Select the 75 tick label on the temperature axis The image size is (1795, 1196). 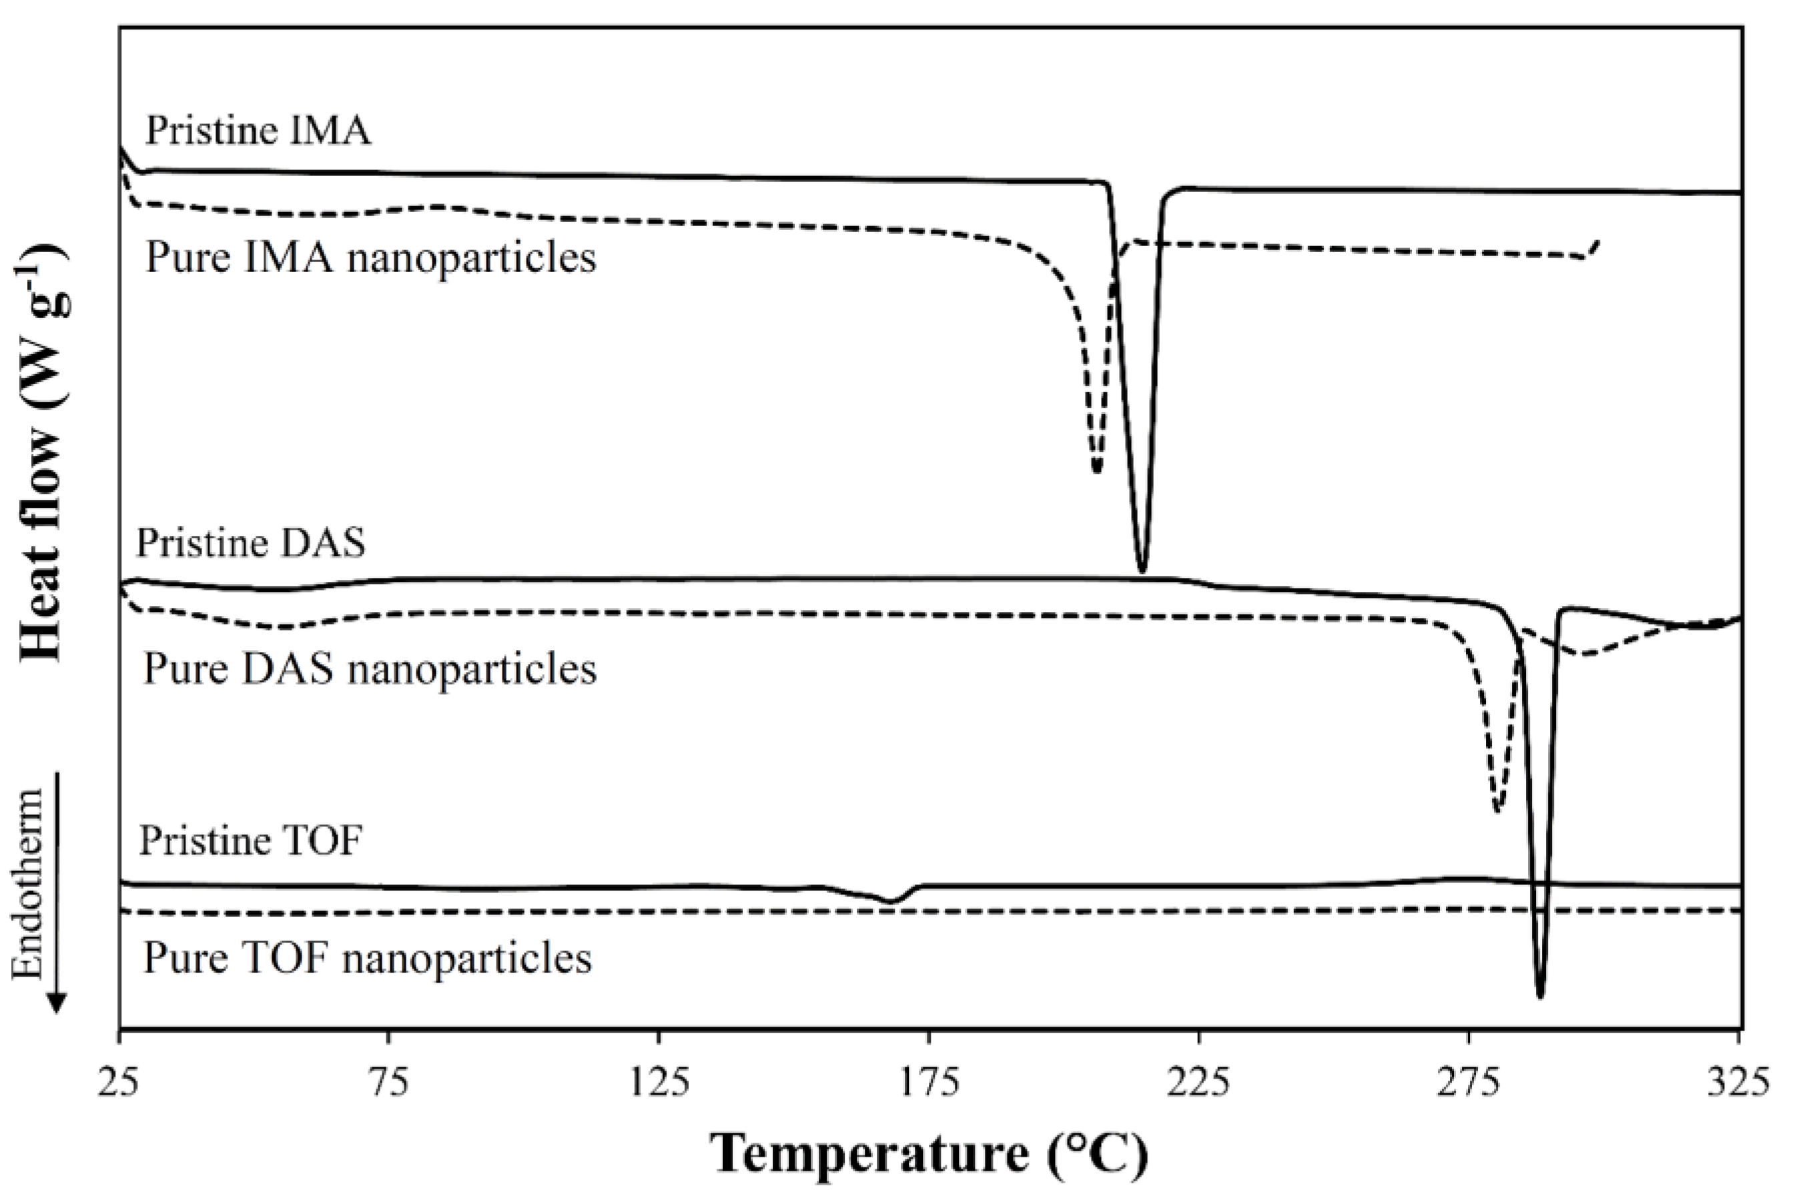tap(389, 1083)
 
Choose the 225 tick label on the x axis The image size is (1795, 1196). tap(1198, 1083)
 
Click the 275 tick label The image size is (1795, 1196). tap(1469, 1083)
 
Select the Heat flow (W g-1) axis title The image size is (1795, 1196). tap(43, 453)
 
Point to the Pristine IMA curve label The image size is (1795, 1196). tap(258, 131)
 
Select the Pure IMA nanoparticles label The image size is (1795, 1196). tap(370, 258)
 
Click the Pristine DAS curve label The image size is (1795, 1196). tap(251, 544)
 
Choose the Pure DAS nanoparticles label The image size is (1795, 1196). tap(370, 669)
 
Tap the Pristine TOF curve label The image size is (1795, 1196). tap(250, 841)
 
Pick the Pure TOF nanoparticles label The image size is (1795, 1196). tap(367, 958)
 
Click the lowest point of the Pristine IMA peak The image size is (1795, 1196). tap(1141, 570)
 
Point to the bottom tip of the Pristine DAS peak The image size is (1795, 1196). tap(1539, 996)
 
